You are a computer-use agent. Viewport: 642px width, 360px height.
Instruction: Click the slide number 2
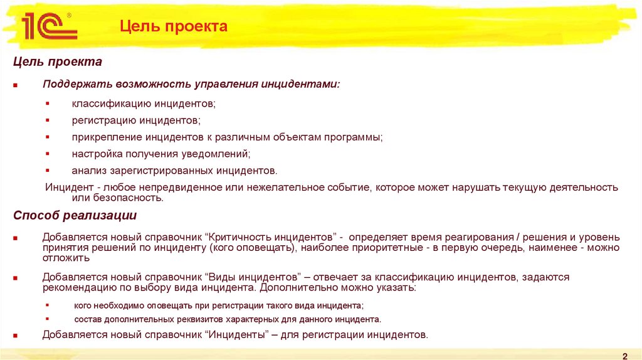click(625, 354)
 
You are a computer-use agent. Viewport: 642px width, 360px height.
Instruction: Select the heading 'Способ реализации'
click(75, 216)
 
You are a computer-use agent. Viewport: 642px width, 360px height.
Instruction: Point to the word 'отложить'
click(66, 258)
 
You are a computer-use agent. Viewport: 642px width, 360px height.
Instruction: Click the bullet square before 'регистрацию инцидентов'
click(48, 120)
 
